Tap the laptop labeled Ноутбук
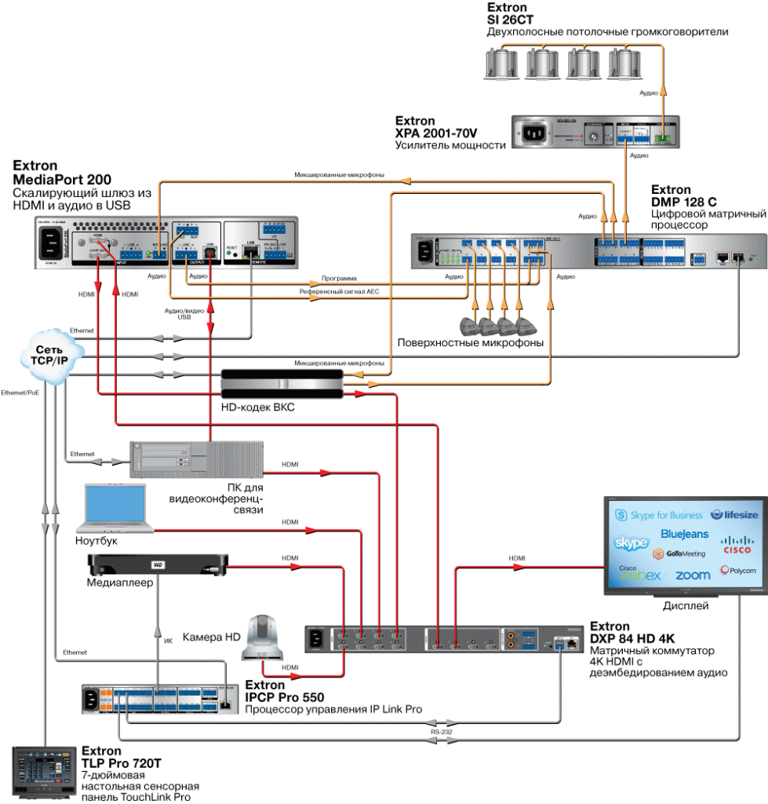(116, 510)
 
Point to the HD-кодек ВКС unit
(282, 384)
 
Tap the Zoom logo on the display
(693, 575)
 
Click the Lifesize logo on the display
(733, 514)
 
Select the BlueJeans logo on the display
(684, 534)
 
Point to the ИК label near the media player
(168, 641)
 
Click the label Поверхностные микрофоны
(471, 343)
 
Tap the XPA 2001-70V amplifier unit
(595, 133)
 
